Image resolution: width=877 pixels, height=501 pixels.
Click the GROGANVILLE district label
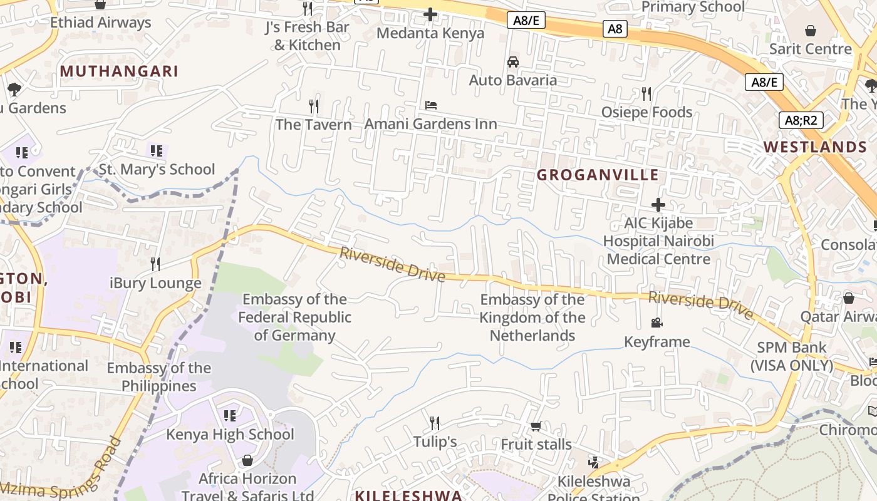tap(598, 175)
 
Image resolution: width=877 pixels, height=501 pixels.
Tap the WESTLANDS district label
tap(815, 147)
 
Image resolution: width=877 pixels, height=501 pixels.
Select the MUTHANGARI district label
tap(119, 71)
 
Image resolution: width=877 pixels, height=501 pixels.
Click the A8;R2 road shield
tap(800, 120)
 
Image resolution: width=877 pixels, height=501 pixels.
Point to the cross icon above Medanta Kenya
tap(430, 14)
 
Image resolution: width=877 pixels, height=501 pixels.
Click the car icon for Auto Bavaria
tap(513, 62)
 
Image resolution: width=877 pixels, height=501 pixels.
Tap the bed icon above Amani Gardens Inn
tap(431, 105)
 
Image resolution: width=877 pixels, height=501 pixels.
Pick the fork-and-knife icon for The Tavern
tap(314, 106)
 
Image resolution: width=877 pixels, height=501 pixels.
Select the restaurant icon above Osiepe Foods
tap(646, 94)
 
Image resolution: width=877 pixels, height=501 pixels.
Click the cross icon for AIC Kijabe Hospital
tap(658, 205)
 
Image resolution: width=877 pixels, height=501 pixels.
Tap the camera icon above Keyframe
tap(656, 323)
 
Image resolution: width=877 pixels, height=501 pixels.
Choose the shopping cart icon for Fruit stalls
tap(536, 426)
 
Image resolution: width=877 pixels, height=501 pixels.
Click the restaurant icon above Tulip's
tap(435, 423)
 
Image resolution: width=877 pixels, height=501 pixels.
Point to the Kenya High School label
tap(230, 435)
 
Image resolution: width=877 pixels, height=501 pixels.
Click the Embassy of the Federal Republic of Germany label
tap(294, 317)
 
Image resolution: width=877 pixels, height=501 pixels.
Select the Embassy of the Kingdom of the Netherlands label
tap(532, 318)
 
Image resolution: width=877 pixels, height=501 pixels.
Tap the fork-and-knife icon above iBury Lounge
tap(155, 264)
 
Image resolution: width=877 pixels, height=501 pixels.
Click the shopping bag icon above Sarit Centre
tap(811, 30)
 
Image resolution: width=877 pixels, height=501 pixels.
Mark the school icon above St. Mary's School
tap(156, 151)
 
